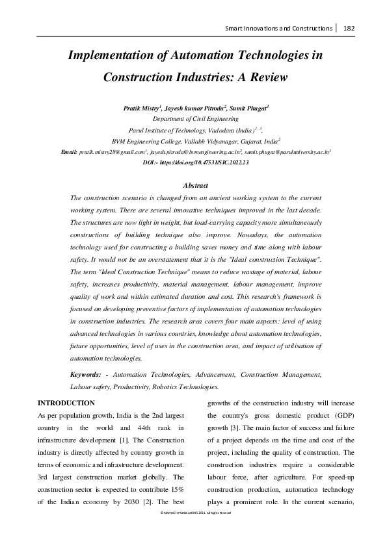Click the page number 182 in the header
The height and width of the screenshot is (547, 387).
[x=349, y=28]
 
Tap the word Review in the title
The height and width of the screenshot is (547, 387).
[x=267, y=77]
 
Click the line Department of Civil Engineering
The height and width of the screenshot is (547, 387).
[x=195, y=120]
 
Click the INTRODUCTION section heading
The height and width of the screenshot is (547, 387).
[x=66, y=403]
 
